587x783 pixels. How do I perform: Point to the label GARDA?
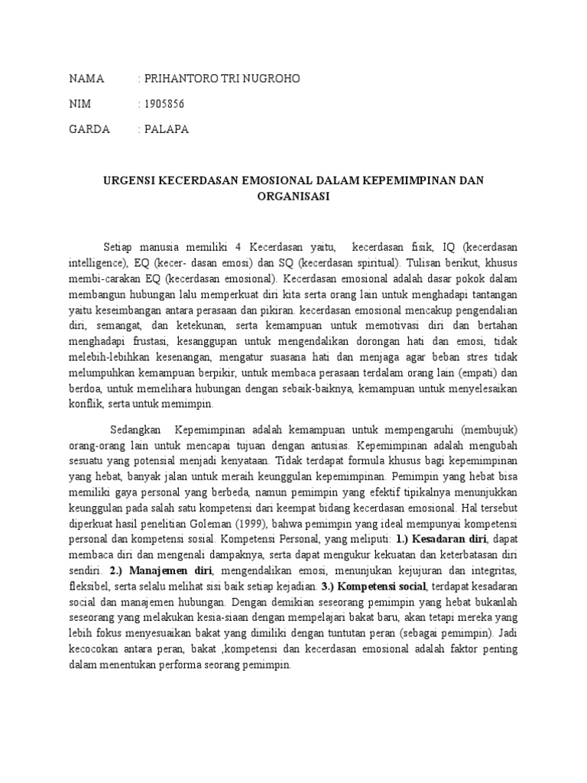click(89, 129)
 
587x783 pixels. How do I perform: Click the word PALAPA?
click(166, 129)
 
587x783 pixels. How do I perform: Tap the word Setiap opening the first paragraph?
click(120, 247)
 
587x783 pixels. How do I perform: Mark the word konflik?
click(84, 404)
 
